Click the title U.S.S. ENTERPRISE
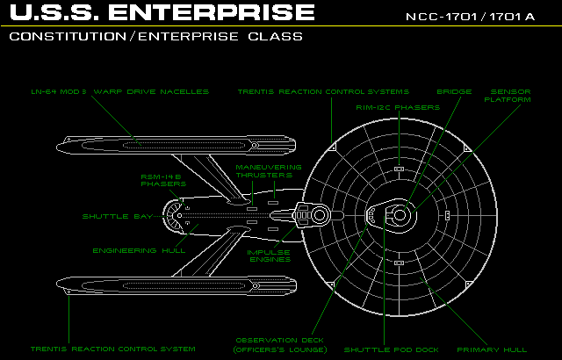point(162,13)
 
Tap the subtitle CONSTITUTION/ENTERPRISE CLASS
point(157,37)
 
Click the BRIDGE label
point(454,91)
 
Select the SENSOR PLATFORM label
point(510,96)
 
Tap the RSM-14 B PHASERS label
point(163,180)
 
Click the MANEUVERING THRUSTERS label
point(269,170)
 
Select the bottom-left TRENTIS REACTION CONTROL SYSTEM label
point(112,349)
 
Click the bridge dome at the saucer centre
point(400,214)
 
